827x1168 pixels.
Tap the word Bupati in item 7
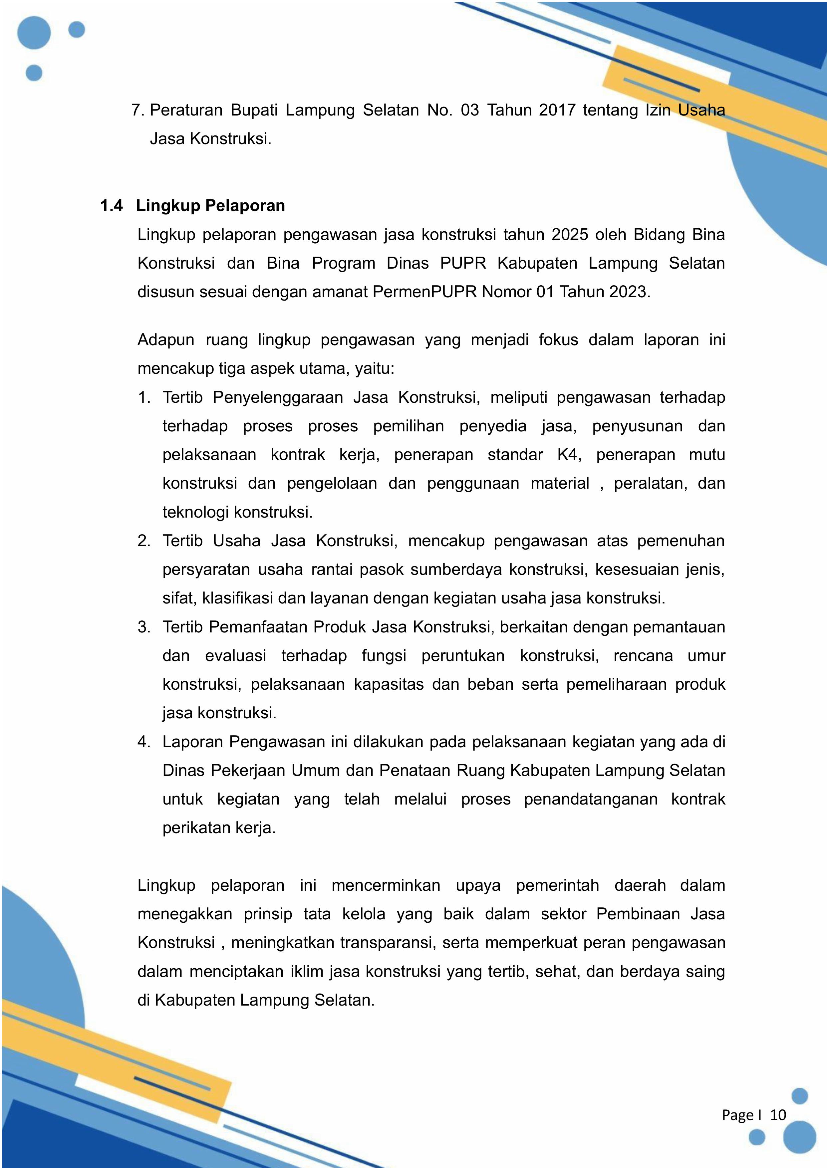point(254,110)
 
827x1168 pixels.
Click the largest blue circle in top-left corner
point(34,33)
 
